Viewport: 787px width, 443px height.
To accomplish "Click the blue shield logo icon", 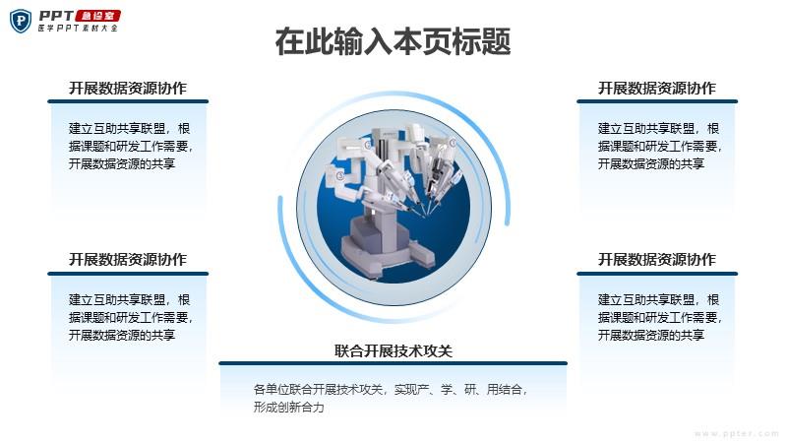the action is pos(21,21).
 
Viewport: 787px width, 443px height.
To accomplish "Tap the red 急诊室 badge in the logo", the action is pos(97,16).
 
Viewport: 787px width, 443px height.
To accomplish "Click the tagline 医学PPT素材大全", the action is pos(78,29).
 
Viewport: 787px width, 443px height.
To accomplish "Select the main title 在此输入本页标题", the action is pos(393,41).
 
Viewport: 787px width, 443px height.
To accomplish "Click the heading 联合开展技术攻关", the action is pos(393,350).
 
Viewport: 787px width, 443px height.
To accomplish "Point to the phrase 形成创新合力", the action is pos(288,407).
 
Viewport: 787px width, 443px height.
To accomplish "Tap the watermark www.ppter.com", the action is pos(736,433).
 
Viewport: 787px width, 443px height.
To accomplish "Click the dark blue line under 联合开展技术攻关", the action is pos(393,363).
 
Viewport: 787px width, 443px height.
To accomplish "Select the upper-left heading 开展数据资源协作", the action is pos(128,88).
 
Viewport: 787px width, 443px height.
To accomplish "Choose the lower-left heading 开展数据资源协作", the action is pos(128,259).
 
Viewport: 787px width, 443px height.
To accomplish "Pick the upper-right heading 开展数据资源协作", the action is pos(656,88).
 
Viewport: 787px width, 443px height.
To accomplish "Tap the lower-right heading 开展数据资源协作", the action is pos(656,259).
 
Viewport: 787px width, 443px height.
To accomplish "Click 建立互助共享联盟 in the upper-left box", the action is pos(117,129).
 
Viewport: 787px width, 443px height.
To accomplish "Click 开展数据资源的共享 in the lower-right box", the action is pos(651,335).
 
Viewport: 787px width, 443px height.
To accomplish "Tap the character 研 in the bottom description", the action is pos(470,389).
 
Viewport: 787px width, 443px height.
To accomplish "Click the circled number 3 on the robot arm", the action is pos(339,175).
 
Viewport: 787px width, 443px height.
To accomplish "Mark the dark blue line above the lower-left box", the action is pos(128,274).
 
